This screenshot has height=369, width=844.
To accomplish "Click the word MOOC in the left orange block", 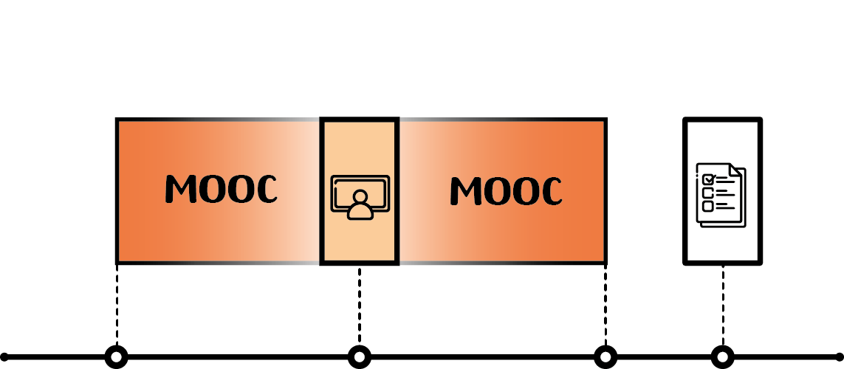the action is pos(221,190).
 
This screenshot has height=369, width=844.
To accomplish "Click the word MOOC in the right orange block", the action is pos(506,191).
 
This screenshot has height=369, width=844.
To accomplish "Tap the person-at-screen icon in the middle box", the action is pos(360,197).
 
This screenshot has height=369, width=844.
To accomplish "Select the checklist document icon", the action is pos(721,195).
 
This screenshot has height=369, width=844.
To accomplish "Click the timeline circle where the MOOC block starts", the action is pos(116,356).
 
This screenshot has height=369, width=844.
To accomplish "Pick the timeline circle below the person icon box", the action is pos(360,356).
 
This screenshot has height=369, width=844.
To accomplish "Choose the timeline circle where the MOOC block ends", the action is pos(605,356).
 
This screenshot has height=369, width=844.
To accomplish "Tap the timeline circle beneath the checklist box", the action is pos(722,356).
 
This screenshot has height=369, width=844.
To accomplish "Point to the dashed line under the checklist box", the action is pos(723,306).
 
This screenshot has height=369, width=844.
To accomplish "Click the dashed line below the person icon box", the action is pos(360,306).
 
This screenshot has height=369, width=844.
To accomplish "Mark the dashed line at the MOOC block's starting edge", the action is pos(117,305).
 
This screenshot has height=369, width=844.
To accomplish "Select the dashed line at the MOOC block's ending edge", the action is pos(605,305).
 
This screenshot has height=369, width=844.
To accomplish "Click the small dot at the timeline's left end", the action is pos(4,356).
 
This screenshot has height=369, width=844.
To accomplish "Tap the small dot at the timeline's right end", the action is pos(840,356).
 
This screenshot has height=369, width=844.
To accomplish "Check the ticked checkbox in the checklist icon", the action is pos(708,179).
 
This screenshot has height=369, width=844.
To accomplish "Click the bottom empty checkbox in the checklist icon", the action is pos(708,206).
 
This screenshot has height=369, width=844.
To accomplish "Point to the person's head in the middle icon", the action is pos(360,196).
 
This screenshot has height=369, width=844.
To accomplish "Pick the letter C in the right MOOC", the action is pos(549,191).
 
